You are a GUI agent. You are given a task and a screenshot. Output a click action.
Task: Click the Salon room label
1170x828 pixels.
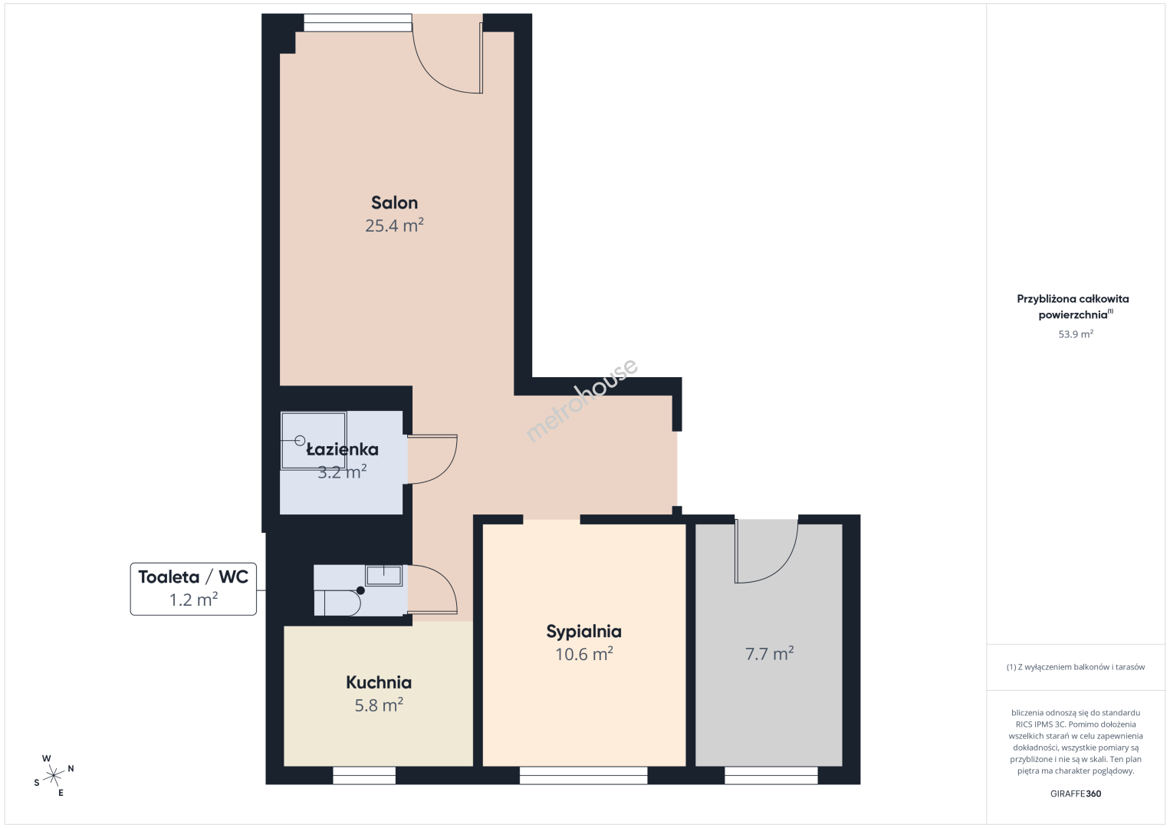point(394,202)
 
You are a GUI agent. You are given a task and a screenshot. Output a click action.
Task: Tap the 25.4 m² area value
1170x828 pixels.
point(394,225)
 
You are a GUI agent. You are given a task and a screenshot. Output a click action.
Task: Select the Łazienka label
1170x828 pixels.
point(342,449)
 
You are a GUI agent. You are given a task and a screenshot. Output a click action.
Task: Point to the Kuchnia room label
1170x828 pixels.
point(379,682)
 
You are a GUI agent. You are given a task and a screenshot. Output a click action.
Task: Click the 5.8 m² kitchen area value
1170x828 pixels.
point(379,705)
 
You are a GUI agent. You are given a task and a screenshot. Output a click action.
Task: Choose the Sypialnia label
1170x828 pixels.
point(584,632)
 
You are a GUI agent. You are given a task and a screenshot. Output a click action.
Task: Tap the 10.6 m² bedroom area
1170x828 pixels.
point(584,654)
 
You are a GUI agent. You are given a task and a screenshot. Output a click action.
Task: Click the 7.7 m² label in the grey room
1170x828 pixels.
point(769,653)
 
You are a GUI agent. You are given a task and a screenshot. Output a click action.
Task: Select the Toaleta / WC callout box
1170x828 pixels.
point(193,589)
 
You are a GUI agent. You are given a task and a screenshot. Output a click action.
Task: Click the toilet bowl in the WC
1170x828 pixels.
point(337,603)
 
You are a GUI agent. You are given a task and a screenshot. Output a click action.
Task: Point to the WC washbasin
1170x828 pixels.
point(384,575)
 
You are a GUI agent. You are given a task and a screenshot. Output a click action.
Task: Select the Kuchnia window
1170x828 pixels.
point(364,775)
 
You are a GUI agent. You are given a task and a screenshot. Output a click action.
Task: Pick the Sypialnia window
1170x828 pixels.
point(583,775)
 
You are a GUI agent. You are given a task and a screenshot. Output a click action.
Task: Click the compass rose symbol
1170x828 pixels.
point(54,776)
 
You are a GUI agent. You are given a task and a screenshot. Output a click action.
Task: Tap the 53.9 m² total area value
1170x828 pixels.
point(1076,333)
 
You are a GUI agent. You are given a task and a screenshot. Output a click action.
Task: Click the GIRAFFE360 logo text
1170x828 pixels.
point(1076,793)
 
